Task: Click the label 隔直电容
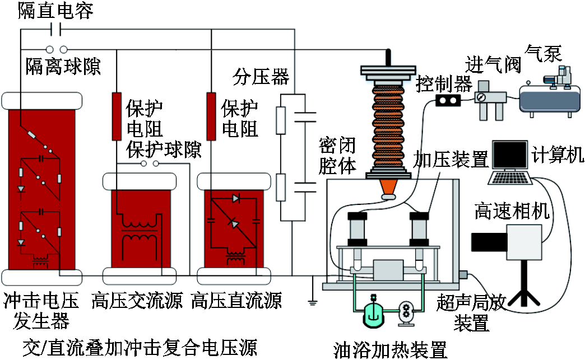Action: coord(55,11)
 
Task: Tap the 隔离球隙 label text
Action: coord(63,67)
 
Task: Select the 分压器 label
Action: coord(261,77)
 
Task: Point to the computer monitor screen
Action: coord(510,155)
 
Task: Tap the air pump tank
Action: coord(550,99)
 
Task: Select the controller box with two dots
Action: coord(448,100)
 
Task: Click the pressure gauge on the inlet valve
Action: coord(480,97)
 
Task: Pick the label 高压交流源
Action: coord(137,301)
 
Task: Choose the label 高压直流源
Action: coord(236,301)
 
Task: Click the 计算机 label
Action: coord(558,154)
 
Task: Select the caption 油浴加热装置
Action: coord(390,350)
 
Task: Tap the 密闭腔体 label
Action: coord(337,156)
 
